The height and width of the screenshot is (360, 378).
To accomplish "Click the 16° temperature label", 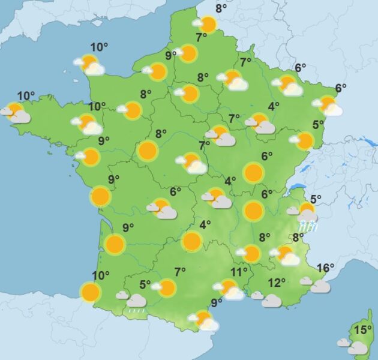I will [x=325, y=268].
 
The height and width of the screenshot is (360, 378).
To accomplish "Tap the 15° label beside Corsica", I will [x=362, y=329].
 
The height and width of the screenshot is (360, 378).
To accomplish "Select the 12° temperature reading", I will [x=277, y=283].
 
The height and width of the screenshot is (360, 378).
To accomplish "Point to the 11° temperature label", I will [x=239, y=272].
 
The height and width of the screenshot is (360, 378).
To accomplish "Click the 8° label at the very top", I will [x=221, y=8].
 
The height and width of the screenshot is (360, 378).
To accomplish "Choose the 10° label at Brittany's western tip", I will [x=25, y=95].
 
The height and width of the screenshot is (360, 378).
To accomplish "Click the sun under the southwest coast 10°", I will [x=91, y=293].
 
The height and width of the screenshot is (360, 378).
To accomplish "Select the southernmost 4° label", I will [x=205, y=225].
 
